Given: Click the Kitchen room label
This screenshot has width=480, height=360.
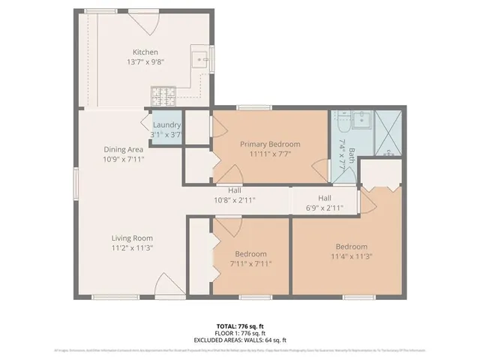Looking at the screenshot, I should point(145,52).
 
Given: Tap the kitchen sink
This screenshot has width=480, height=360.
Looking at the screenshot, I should point(201,58).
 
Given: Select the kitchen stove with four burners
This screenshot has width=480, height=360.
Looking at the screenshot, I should point(163,95).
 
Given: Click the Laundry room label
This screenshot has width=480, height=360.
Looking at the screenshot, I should point(166,125).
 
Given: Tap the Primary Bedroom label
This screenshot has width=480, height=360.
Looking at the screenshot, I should point(269,144).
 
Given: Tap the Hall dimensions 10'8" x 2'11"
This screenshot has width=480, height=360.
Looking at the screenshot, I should point(234,200).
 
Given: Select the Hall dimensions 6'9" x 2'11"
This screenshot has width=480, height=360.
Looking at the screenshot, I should point(324,207).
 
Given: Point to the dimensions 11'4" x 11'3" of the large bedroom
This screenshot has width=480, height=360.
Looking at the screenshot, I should point(351,256).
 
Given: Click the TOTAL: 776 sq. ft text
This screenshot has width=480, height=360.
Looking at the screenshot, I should point(239,326).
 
